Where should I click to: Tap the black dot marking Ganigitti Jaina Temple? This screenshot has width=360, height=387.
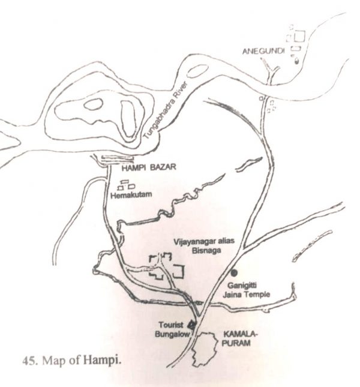(x=235, y=272)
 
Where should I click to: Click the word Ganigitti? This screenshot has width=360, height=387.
(x=243, y=286)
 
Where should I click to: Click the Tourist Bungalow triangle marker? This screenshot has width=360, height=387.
(x=191, y=326)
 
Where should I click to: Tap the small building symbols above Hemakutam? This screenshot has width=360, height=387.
(x=127, y=185)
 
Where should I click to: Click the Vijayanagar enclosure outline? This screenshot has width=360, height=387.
(x=167, y=266)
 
